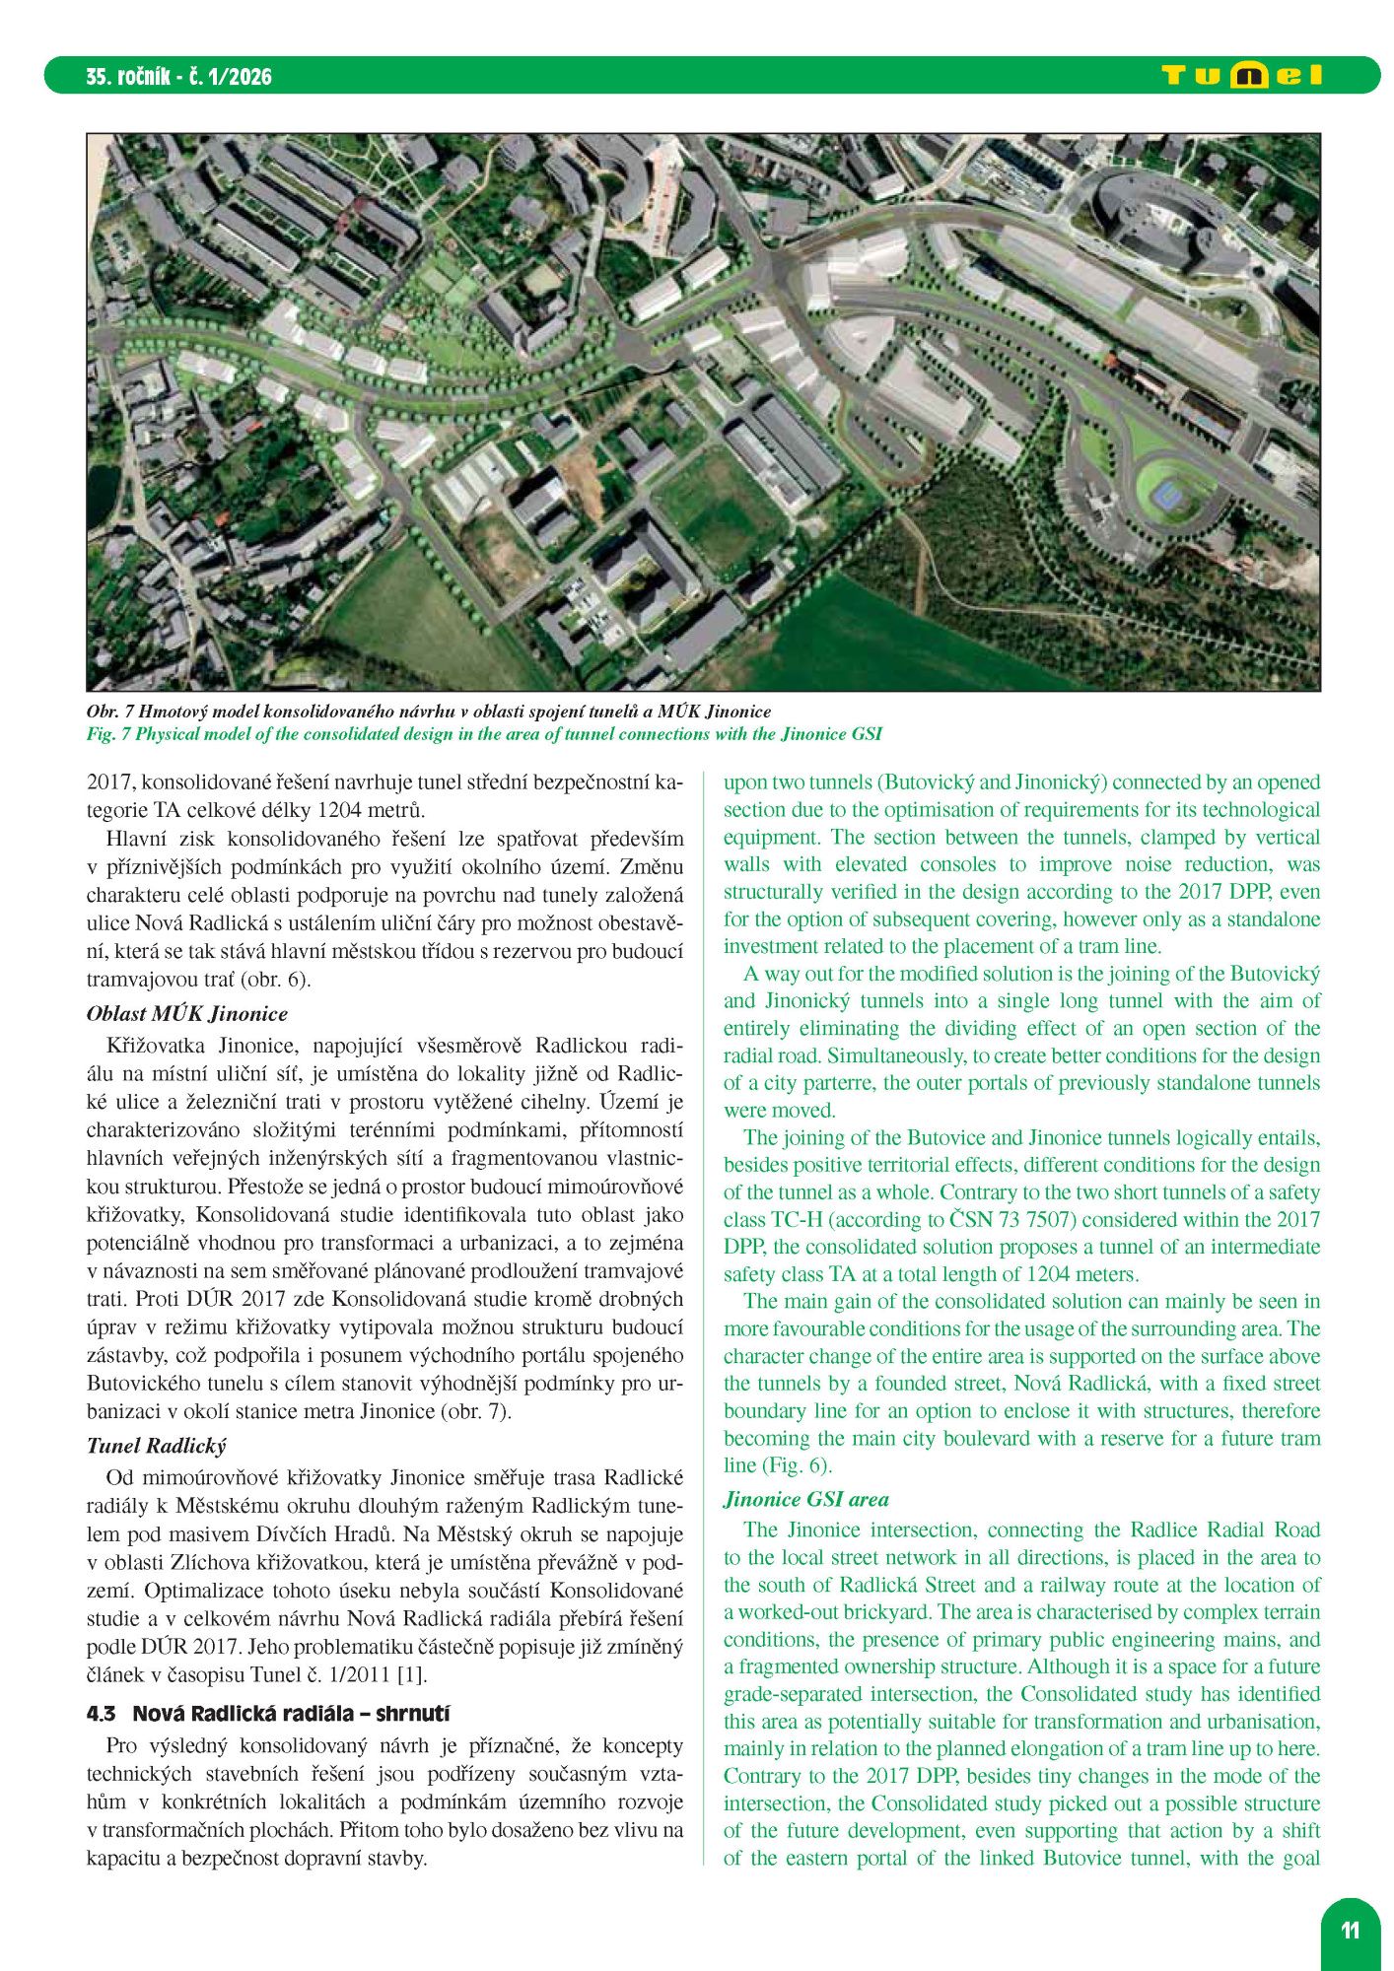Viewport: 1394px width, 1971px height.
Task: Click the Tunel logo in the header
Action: (x=1241, y=76)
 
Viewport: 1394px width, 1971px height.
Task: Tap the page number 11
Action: (x=1350, y=1929)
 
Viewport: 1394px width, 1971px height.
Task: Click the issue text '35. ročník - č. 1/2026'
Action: (x=178, y=77)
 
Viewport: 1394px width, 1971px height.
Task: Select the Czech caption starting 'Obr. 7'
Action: (x=428, y=712)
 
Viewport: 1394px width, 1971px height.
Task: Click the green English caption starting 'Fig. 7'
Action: (x=483, y=734)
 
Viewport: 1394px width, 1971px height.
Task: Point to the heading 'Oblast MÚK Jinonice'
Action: (x=187, y=1014)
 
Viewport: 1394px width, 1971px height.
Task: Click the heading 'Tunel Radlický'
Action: (x=156, y=1446)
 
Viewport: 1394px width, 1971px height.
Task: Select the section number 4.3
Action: (x=101, y=1714)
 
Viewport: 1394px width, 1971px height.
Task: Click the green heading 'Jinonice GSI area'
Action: (x=805, y=1500)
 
